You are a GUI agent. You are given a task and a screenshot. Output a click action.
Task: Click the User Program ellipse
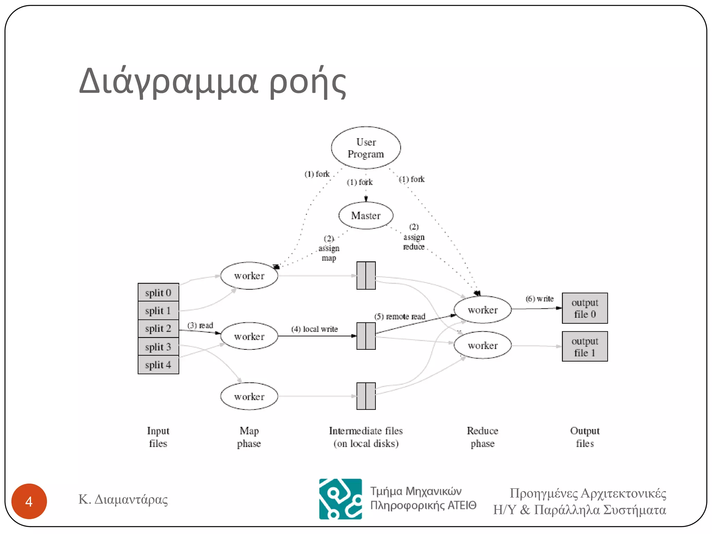click(366, 148)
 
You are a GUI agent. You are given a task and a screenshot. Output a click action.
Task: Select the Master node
click(366, 216)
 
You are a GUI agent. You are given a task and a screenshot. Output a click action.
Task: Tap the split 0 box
click(158, 292)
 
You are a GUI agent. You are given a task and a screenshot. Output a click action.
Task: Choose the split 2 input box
click(158, 329)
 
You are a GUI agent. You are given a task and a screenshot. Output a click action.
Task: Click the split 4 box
click(158, 365)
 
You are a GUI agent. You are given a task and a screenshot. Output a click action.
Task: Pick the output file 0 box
click(585, 308)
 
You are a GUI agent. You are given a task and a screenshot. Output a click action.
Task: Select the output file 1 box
click(585, 347)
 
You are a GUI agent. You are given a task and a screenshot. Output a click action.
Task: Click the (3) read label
click(200, 325)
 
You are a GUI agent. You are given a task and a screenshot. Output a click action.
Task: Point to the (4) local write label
click(314, 329)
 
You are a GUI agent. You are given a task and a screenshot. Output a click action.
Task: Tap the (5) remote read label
click(399, 316)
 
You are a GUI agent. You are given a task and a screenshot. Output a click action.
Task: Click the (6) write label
click(540, 299)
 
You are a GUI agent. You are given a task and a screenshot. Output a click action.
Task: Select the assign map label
click(329, 249)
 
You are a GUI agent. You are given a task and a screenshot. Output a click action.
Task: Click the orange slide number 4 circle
click(29, 501)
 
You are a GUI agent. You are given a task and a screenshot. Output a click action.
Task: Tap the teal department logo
click(340, 499)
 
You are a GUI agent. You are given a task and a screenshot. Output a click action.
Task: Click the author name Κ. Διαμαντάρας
click(123, 499)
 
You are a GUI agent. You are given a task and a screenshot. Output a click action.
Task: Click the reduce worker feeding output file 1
click(483, 345)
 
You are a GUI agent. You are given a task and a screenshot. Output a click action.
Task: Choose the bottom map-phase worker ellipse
click(249, 396)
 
